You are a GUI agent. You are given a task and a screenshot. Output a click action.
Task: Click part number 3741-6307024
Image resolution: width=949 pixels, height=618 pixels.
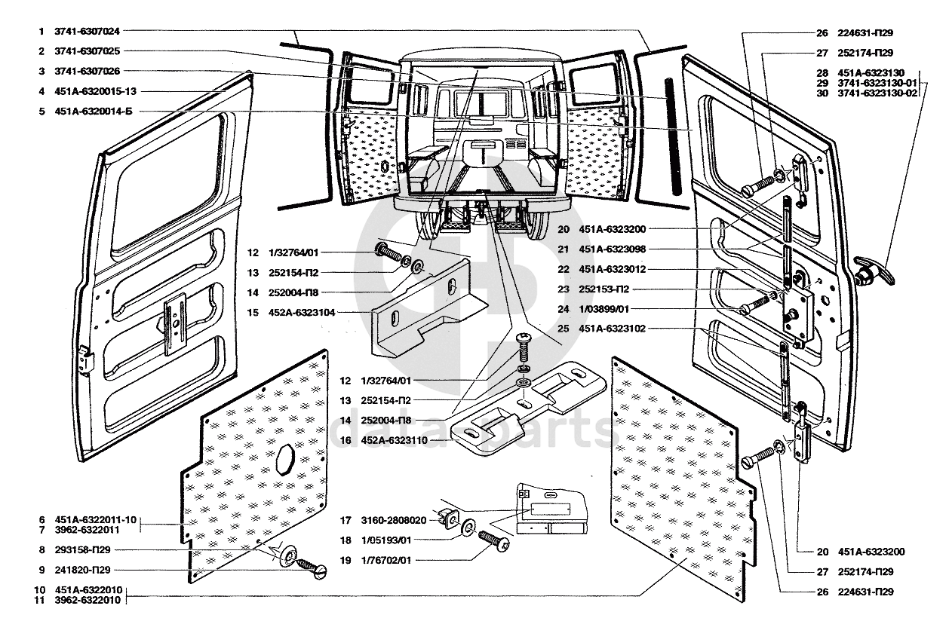point(87,32)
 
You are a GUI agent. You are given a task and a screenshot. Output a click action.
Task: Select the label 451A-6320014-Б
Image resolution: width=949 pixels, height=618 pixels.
point(94,112)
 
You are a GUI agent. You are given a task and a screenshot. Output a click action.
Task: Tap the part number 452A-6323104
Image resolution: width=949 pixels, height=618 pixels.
point(302,312)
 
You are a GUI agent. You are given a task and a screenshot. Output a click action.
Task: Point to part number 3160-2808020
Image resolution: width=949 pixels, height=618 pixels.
point(394,520)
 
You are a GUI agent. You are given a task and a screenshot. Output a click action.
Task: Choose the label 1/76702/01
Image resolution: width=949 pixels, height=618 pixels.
point(386,561)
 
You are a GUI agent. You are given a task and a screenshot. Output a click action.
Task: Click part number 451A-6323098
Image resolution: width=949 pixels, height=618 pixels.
point(613,249)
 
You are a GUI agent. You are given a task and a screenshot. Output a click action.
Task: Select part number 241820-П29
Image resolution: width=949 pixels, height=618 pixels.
point(82,571)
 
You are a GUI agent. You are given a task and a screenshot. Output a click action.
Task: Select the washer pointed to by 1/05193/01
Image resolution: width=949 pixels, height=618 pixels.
point(468,528)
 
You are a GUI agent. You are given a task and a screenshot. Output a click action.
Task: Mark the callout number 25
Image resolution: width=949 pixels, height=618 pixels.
point(563,329)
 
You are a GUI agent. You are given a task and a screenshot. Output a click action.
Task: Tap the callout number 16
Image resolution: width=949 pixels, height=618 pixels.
point(346,440)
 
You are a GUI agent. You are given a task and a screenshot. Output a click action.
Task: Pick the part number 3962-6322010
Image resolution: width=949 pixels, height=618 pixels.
point(88,600)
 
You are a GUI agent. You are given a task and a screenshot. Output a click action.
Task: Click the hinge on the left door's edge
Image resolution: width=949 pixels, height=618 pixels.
point(87,359)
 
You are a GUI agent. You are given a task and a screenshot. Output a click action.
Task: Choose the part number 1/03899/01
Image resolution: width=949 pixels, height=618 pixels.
point(603,310)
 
